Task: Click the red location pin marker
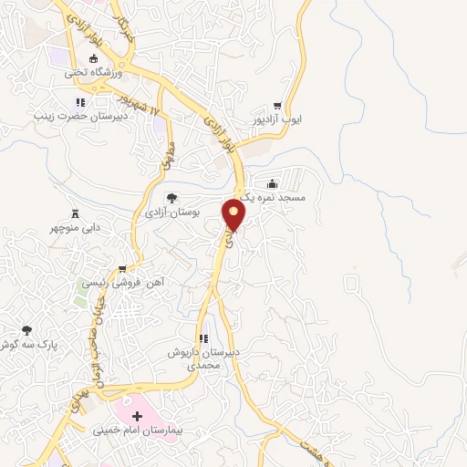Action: click(x=235, y=215)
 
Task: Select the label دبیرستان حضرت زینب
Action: click(x=79, y=116)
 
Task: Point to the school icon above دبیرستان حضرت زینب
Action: click(x=80, y=102)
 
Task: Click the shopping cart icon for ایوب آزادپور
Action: click(x=291, y=106)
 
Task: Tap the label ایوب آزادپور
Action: click(x=283, y=119)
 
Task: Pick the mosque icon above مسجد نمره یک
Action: click(x=271, y=182)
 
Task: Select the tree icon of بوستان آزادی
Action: click(x=170, y=197)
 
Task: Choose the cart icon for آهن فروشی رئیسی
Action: click(x=121, y=269)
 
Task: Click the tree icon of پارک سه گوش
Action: click(x=26, y=329)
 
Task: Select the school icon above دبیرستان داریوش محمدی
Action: click(x=204, y=338)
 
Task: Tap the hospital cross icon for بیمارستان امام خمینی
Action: click(x=150, y=415)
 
